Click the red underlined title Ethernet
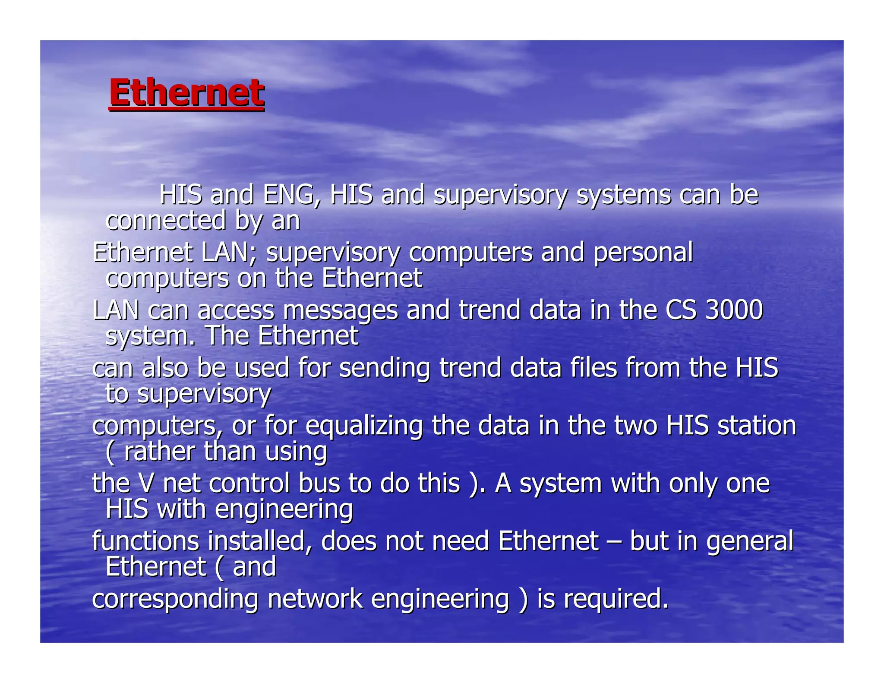[186, 93]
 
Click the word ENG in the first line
[291, 195]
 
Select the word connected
[166, 221]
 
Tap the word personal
[643, 253]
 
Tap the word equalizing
[364, 426]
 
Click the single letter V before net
[146, 483]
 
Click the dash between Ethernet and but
[614, 542]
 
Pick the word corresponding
[175, 600]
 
